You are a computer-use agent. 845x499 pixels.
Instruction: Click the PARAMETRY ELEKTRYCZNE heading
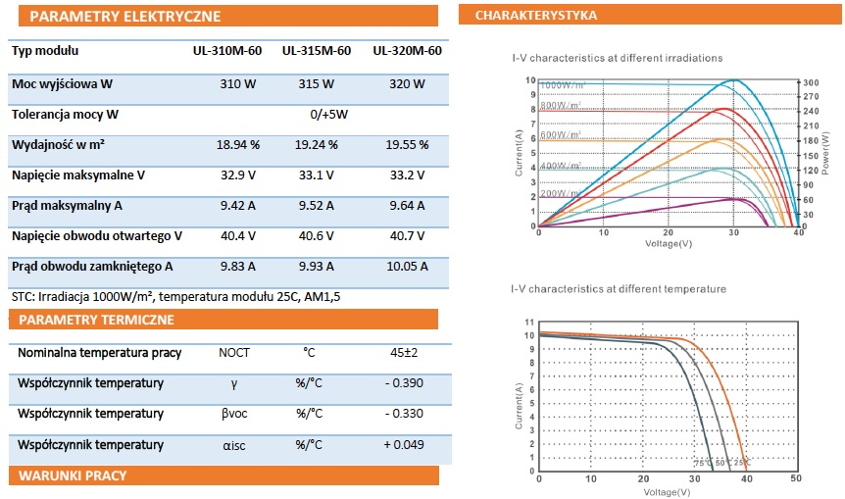(124, 16)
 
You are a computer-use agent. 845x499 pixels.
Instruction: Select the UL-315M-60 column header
(317, 51)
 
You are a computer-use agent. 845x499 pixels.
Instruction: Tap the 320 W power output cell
(407, 85)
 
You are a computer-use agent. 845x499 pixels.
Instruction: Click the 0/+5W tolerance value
(329, 115)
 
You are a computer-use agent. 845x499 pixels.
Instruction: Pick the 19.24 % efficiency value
(317, 145)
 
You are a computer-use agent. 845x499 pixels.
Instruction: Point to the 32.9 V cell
(237, 175)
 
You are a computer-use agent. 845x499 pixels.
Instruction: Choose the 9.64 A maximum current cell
(407, 206)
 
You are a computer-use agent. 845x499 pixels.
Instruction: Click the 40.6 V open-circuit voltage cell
(317, 236)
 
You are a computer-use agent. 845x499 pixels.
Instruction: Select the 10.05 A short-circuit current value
(407, 267)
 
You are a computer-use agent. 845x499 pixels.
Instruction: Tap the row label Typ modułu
(45, 51)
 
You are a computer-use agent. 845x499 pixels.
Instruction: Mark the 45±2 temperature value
(405, 352)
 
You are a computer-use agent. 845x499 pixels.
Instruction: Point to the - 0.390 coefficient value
(405, 383)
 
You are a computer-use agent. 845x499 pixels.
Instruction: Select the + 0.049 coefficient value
(405, 445)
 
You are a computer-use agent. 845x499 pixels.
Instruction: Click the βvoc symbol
(233, 414)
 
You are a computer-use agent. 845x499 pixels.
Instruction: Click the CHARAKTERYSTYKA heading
(535, 16)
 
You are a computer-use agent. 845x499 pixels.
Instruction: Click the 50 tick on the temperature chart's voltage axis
(795, 478)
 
